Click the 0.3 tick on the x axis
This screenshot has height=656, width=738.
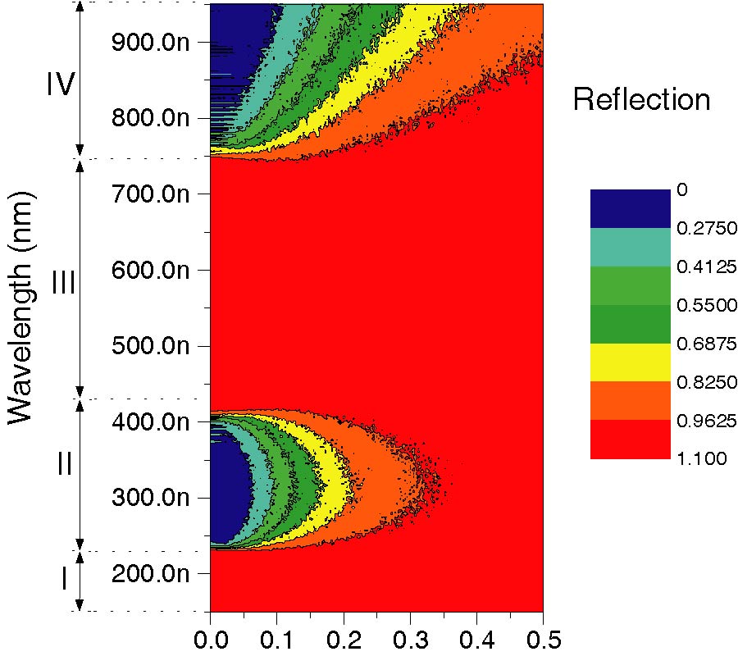coord(410,637)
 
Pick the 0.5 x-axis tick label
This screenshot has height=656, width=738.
coord(542,637)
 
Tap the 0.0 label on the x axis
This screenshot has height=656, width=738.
coord(211,637)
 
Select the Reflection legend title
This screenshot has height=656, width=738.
coord(641,100)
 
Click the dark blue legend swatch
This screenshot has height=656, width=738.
coord(630,208)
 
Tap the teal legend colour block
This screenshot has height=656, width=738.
coord(630,247)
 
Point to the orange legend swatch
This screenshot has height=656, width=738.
coord(630,401)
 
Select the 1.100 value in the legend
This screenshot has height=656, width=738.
coord(701,459)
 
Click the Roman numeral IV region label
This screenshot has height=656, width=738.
coord(61,84)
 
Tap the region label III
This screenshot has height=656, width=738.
coord(63,283)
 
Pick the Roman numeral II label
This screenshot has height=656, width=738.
coord(64,464)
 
